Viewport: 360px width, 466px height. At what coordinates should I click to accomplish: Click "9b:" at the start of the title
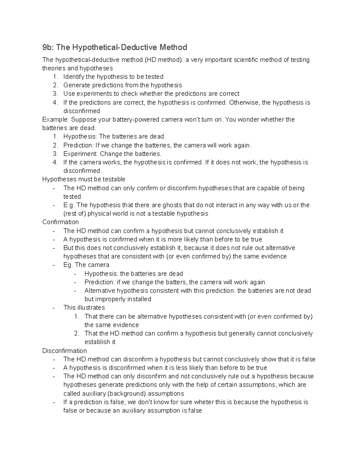(x=48, y=47)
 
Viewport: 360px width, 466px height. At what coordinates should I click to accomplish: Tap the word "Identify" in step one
(x=74, y=77)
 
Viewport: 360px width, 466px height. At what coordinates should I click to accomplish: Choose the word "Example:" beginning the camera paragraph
(x=55, y=120)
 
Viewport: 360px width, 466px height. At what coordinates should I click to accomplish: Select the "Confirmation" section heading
(x=61, y=222)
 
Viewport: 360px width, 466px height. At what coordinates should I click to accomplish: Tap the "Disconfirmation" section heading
(x=64, y=351)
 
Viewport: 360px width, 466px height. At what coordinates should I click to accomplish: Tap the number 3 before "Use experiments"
(x=55, y=94)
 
